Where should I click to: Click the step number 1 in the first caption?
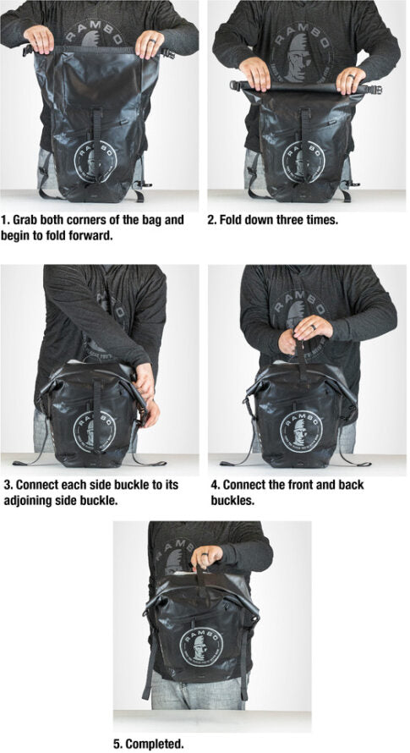5,220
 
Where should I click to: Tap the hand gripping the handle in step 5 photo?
205,558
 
